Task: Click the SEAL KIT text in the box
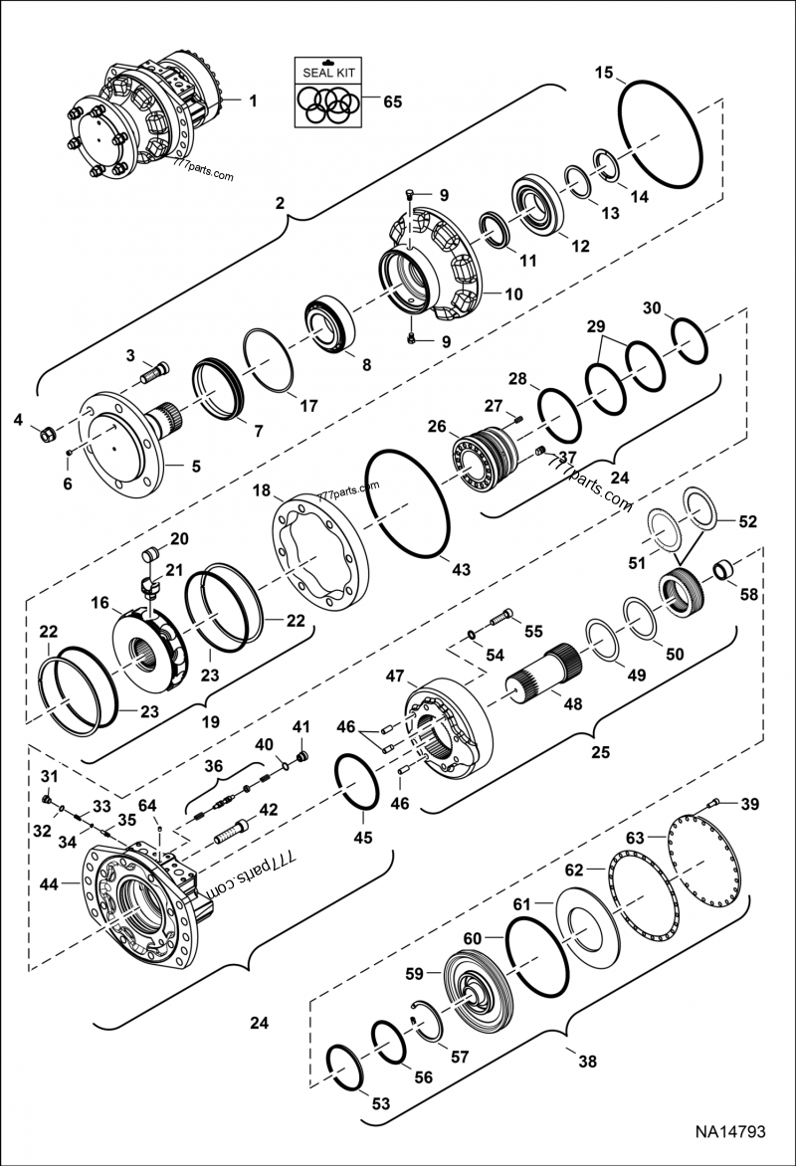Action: (x=328, y=73)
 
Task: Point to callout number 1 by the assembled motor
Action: (x=252, y=99)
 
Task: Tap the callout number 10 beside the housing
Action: (x=513, y=294)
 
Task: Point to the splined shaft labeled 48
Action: (x=546, y=686)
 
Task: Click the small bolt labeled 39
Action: (x=712, y=802)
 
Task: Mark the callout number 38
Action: (x=586, y=1062)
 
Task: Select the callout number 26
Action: (x=437, y=425)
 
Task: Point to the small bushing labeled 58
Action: (x=724, y=572)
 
